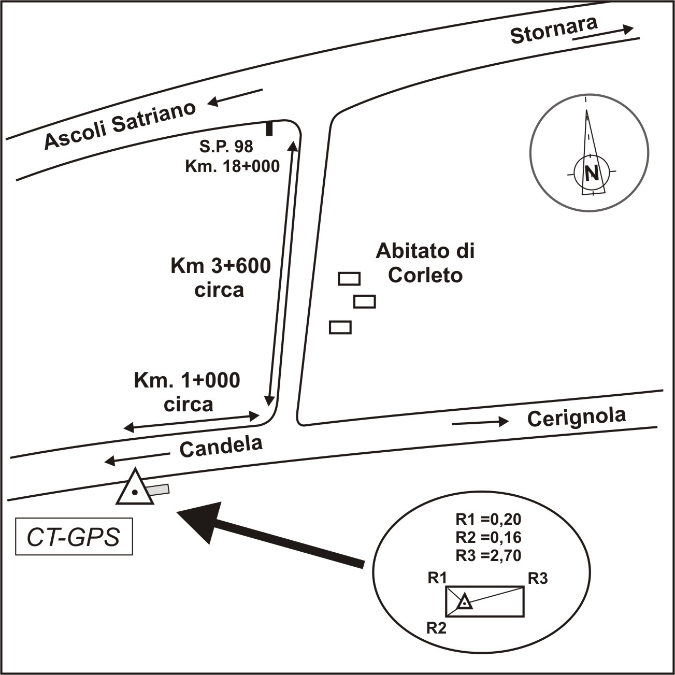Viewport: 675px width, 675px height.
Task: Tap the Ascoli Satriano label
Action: pos(120,125)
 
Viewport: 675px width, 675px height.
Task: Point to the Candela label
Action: pos(221,446)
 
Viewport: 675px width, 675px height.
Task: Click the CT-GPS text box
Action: pos(74,537)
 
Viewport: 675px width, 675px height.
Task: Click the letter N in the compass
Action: pos(591,173)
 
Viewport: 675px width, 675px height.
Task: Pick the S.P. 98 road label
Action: pos(226,147)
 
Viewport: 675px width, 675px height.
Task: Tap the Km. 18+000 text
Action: pos(232,166)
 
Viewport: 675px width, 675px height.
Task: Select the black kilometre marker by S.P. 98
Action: pos(269,128)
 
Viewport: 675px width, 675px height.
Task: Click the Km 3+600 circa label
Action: pos(220,278)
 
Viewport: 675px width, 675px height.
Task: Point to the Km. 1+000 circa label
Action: pos(187,392)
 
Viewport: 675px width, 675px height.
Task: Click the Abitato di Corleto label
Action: pos(425,263)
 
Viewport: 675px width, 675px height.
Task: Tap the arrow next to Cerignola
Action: pos(480,422)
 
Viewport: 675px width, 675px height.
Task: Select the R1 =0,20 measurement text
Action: pos(488,519)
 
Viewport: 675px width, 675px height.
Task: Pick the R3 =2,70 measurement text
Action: pos(488,555)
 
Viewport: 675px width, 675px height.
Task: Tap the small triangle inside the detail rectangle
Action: pos(465,601)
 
